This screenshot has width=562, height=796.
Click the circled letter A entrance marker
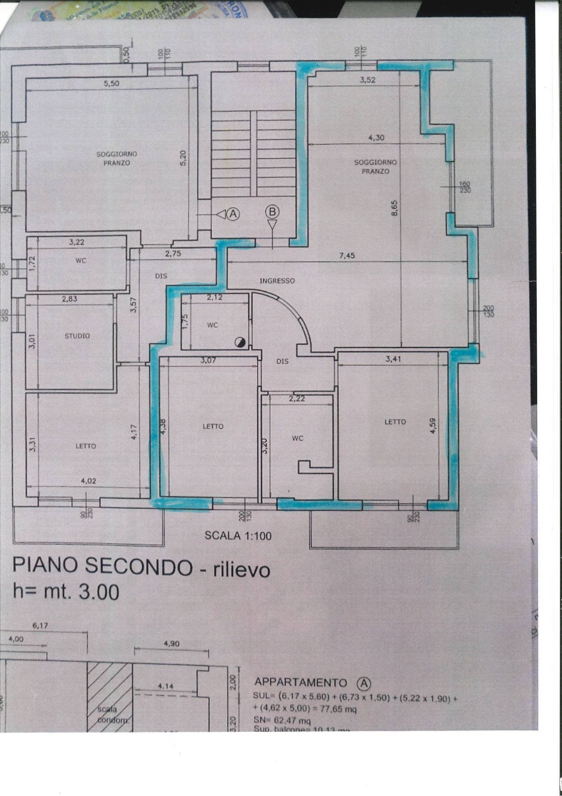pyautogui.click(x=233, y=214)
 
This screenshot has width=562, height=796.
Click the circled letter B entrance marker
pyautogui.click(x=272, y=212)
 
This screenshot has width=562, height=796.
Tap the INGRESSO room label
pyautogui.click(x=277, y=281)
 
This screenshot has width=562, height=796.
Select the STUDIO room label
pyautogui.click(x=77, y=336)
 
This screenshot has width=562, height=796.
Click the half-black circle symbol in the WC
pyautogui.click(x=240, y=342)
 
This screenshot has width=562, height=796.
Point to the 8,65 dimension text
pyautogui.click(x=394, y=208)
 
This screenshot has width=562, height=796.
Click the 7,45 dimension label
pyautogui.click(x=347, y=255)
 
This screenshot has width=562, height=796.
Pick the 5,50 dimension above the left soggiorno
pyautogui.click(x=111, y=83)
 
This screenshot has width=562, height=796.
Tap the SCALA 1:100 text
pyautogui.click(x=238, y=536)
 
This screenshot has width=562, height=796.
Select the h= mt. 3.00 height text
pyautogui.click(x=66, y=592)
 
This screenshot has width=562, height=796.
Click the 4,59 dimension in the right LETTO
pyautogui.click(x=433, y=426)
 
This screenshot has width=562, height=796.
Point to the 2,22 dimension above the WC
pyautogui.click(x=297, y=399)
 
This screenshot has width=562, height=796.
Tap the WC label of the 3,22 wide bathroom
pyautogui.click(x=81, y=261)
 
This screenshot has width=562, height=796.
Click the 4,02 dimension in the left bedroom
pyautogui.click(x=88, y=481)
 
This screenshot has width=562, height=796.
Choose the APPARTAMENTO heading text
pyautogui.click(x=300, y=682)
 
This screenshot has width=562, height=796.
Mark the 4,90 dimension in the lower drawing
pyautogui.click(x=171, y=644)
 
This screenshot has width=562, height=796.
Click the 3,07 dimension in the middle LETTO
pyautogui.click(x=208, y=361)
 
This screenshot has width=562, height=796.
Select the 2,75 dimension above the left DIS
pyautogui.click(x=173, y=253)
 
